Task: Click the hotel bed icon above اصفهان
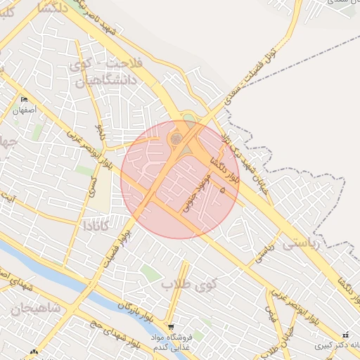tap(25, 99)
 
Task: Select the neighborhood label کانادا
tap(96, 226)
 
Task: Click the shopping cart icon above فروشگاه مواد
tap(171, 328)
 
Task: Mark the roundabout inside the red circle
tap(176, 139)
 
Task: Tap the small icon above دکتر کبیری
tap(345, 335)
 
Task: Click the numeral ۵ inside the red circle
tap(223, 190)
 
